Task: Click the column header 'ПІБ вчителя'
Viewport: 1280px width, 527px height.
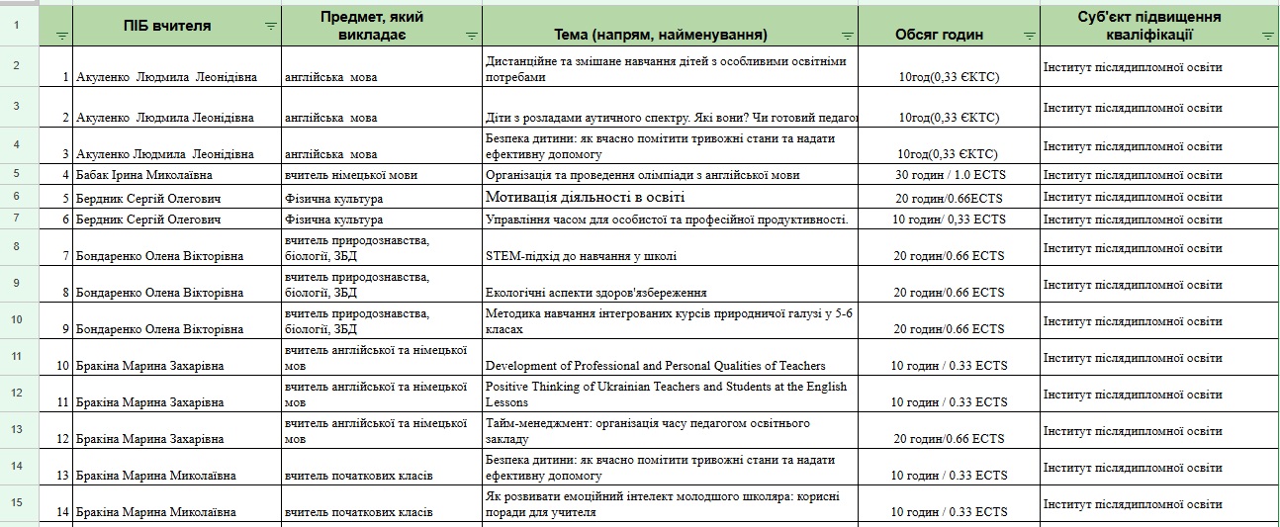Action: pyautogui.click(x=167, y=26)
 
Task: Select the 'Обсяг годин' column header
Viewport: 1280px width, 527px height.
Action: pyautogui.click(x=939, y=35)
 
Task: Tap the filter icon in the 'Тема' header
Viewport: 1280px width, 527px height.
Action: pyautogui.click(x=846, y=36)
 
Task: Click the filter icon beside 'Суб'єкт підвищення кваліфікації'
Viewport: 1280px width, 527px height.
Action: pyautogui.click(x=1267, y=36)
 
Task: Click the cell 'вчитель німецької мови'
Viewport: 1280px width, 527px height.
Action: pyautogui.click(x=350, y=175)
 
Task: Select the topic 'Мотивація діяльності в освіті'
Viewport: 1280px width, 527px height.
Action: pyautogui.click(x=586, y=197)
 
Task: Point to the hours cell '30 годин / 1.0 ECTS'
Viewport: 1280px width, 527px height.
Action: pyautogui.click(x=949, y=175)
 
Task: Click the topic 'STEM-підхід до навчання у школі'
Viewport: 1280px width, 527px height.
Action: pyautogui.click(x=582, y=256)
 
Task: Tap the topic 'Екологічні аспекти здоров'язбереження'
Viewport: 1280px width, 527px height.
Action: pyautogui.click(x=595, y=293)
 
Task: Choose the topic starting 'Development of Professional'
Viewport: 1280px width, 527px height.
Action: pyautogui.click(x=655, y=366)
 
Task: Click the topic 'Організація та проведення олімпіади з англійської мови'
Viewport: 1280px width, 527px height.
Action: pyautogui.click(x=643, y=175)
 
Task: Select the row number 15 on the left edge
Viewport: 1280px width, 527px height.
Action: pyautogui.click(x=17, y=502)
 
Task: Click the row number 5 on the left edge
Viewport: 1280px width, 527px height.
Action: pyautogui.click(x=17, y=173)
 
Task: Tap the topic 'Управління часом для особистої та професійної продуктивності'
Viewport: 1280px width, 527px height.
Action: pyautogui.click(x=667, y=219)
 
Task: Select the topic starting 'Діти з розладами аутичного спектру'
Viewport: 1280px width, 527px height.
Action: pyautogui.click(x=671, y=118)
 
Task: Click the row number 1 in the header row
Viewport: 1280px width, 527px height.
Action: pyautogui.click(x=17, y=26)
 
